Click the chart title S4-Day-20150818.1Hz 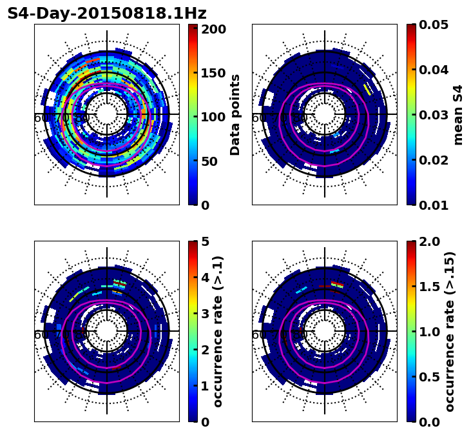[x=107, y=14]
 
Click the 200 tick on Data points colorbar [x=213, y=29]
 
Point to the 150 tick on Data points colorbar [x=213, y=73]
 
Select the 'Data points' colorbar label [x=235, y=115]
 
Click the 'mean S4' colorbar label [x=458, y=115]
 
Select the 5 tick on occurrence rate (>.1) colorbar [x=206, y=241]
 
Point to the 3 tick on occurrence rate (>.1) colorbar [x=206, y=314]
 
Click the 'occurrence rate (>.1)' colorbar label [x=218, y=332]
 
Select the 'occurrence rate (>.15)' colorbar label [x=450, y=332]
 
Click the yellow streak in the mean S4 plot [x=367, y=88]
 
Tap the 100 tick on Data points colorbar [x=213, y=117]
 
